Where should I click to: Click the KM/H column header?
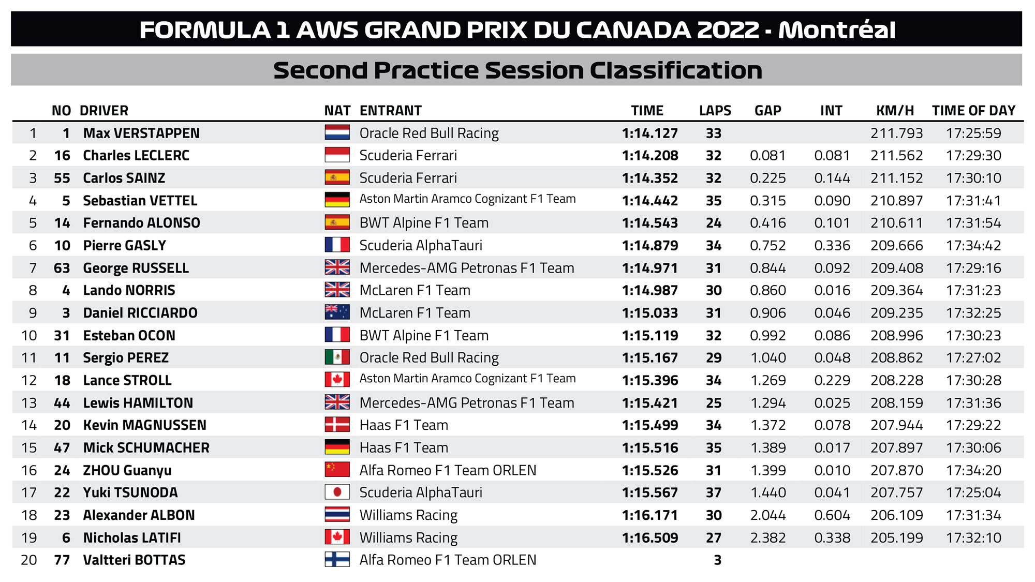pyautogui.click(x=895, y=111)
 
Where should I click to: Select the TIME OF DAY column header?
pyautogui.click(x=973, y=111)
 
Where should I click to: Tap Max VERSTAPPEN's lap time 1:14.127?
pyautogui.click(x=650, y=133)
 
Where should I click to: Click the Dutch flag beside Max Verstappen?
pyautogui.click(x=337, y=132)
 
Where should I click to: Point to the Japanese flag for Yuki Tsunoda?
pyautogui.click(x=337, y=492)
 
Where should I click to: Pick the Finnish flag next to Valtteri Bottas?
pyautogui.click(x=337, y=559)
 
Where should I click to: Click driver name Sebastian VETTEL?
pyautogui.click(x=140, y=201)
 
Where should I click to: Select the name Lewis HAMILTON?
pyautogui.click(x=138, y=403)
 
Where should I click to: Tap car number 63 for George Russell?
pyautogui.click(x=62, y=268)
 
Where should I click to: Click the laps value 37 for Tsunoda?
pyautogui.click(x=714, y=493)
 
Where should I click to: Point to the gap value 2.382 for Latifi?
pyautogui.click(x=768, y=538)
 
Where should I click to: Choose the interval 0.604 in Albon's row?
pyautogui.click(x=832, y=515)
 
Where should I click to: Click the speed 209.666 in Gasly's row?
pyautogui.click(x=897, y=246)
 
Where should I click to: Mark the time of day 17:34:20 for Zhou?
pyautogui.click(x=973, y=470)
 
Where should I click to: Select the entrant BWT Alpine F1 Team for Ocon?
pyautogui.click(x=424, y=335)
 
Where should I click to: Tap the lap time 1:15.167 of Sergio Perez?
pyautogui.click(x=650, y=358)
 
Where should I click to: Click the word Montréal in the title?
pyautogui.click(x=837, y=29)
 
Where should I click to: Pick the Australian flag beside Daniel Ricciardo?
pyautogui.click(x=337, y=312)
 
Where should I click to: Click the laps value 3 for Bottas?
pyautogui.click(x=717, y=560)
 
